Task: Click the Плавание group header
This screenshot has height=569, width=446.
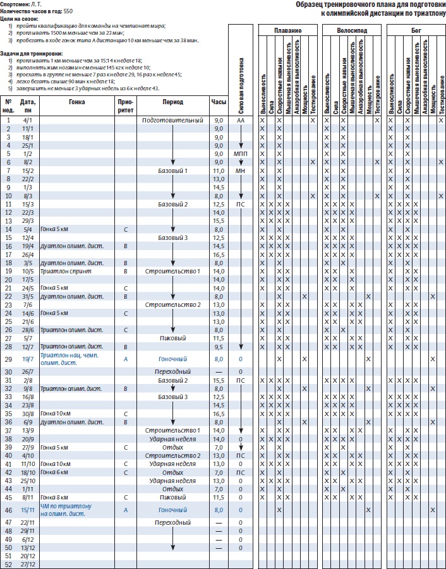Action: [x=288, y=30]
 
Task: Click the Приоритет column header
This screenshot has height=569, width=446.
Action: [x=126, y=105]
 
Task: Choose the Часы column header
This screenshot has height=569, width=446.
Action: [x=219, y=101]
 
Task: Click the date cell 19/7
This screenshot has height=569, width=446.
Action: [x=27, y=359]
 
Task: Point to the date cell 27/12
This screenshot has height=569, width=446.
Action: [x=27, y=564]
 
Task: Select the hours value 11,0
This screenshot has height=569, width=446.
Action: [x=219, y=171]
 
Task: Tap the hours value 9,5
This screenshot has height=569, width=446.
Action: [x=219, y=347]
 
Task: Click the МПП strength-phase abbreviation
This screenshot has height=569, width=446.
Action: [x=241, y=153]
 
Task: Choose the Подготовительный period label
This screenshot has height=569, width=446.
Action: [x=172, y=120]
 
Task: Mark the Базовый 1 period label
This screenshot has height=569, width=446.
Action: [x=172, y=171]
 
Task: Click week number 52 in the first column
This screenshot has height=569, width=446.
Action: [x=9, y=564]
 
